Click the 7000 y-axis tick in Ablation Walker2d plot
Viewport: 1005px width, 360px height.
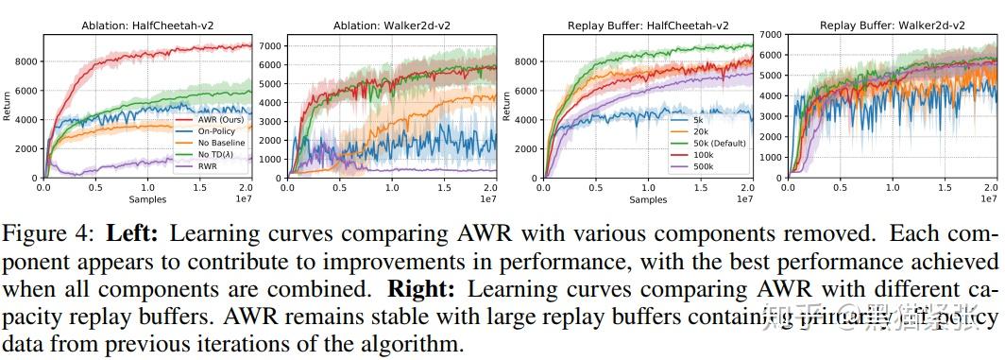(272, 45)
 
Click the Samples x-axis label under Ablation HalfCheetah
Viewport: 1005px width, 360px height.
(146, 200)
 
